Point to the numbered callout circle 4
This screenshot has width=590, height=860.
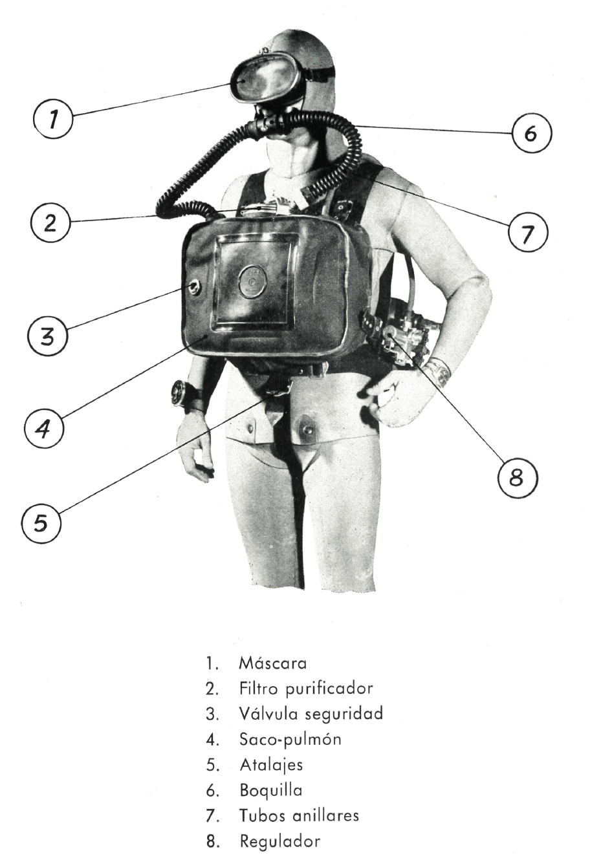click(44, 427)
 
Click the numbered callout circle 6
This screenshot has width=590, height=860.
click(532, 133)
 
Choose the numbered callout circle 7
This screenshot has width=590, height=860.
click(527, 232)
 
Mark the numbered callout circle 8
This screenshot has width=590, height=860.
click(518, 478)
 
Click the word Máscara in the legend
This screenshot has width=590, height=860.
click(273, 663)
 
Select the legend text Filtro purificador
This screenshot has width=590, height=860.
click(306, 689)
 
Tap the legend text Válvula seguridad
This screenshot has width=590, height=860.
click(311, 714)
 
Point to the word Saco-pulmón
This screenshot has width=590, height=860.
click(290, 740)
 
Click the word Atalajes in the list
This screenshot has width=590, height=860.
click(271, 765)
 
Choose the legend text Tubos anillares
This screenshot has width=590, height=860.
click(300, 815)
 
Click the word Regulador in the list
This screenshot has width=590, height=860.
click(279, 841)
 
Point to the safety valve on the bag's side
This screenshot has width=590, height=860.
click(193, 286)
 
